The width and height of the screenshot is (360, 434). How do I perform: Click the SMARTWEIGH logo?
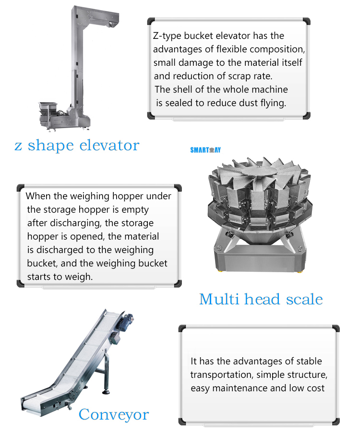tap(205, 150)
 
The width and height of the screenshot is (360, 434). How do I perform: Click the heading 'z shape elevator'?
tap(77, 145)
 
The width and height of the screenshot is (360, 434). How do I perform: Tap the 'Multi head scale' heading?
tap(261, 299)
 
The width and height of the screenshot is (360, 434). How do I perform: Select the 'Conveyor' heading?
tap(114, 414)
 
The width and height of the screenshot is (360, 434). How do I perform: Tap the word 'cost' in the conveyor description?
tap(314, 388)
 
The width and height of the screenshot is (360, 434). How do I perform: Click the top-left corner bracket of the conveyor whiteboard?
tap(182, 328)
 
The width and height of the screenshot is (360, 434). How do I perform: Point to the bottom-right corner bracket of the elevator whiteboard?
tap(306, 115)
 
